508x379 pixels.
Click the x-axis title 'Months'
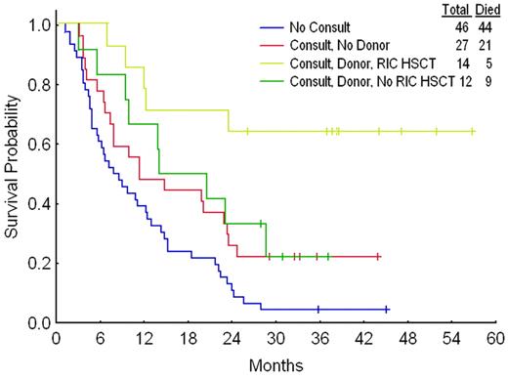(x=276, y=365)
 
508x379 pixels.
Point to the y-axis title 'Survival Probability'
(x=12, y=172)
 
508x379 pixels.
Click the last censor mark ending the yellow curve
(x=473, y=131)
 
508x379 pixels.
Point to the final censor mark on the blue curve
(x=387, y=309)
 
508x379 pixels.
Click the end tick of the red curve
(x=377, y=256)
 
